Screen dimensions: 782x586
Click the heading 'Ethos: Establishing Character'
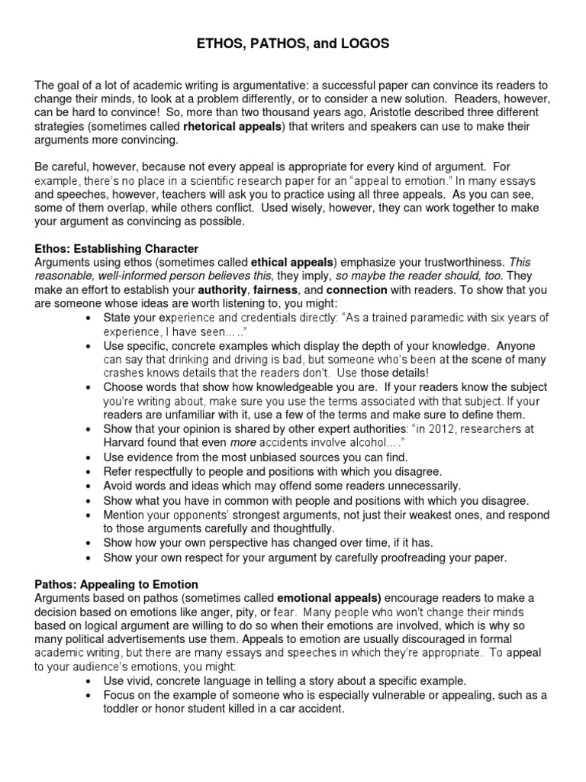click(117, 248)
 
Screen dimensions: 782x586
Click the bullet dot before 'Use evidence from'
click(91, 457)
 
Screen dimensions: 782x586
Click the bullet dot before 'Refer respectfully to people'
click(91, 471)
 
